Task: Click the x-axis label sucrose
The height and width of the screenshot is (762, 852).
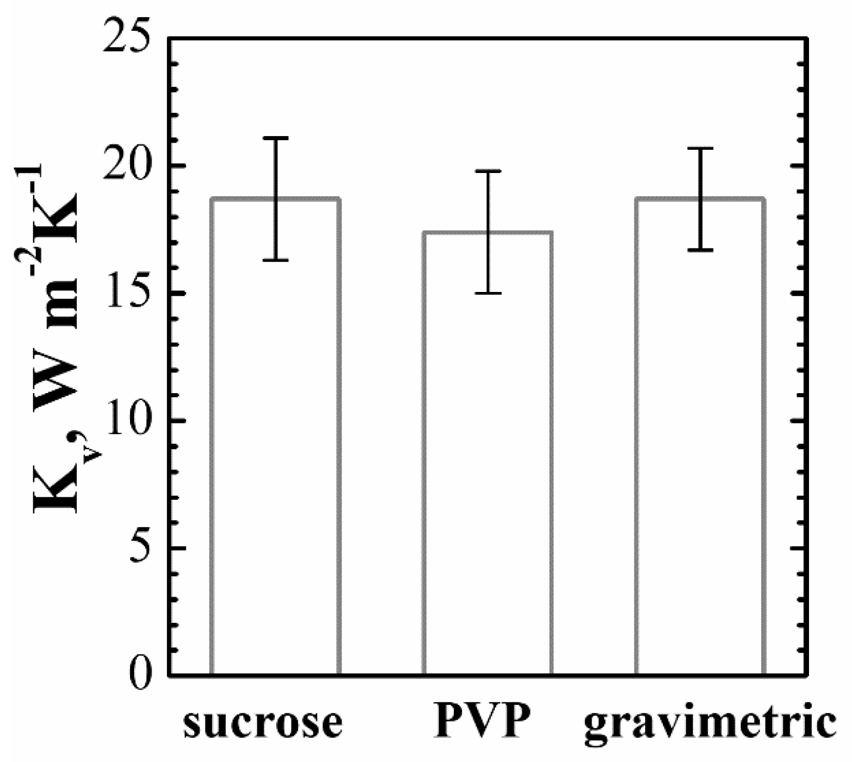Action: point(263,723)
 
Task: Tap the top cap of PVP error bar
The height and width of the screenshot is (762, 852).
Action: point(488,171)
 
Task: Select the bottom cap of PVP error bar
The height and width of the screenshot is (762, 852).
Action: point(488,293)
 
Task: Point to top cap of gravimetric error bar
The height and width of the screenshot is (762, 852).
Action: point(701,148)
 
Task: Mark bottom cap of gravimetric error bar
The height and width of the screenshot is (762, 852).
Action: point(701,250)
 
